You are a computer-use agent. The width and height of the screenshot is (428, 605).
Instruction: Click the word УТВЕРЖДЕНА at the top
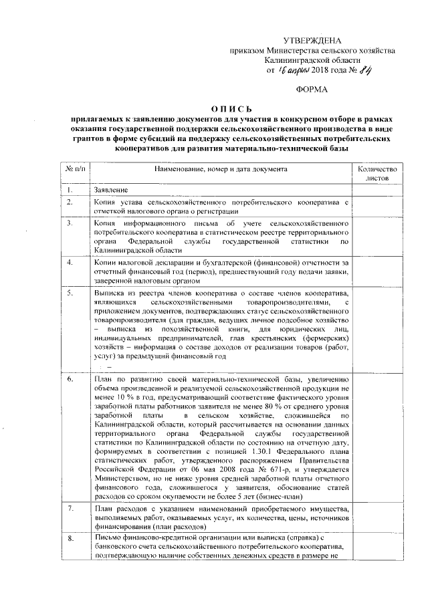(x=313, y=42)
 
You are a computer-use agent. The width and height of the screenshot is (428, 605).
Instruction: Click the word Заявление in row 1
(x=111, y=191)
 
